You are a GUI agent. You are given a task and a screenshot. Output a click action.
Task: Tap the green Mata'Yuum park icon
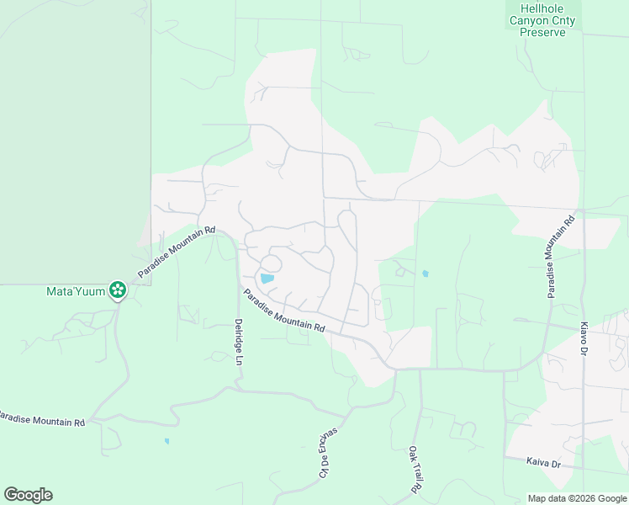(117, 291)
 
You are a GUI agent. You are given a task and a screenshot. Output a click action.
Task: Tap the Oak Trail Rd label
(414, 470)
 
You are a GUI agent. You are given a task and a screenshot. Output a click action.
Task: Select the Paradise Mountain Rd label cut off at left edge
(42, 419)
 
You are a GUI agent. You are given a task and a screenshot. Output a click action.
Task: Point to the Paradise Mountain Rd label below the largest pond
(284, 311)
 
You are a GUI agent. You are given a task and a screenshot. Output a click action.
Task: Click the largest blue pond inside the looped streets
(267, 279)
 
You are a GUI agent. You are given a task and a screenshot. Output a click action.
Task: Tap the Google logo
(28, 495)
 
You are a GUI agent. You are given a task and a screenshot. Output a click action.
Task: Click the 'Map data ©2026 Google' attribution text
(577, 498)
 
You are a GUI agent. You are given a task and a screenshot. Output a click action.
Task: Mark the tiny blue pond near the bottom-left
(166, 440)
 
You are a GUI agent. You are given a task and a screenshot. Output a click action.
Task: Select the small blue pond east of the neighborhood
(425, 274)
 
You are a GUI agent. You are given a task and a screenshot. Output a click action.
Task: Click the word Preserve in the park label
(547, 32)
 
